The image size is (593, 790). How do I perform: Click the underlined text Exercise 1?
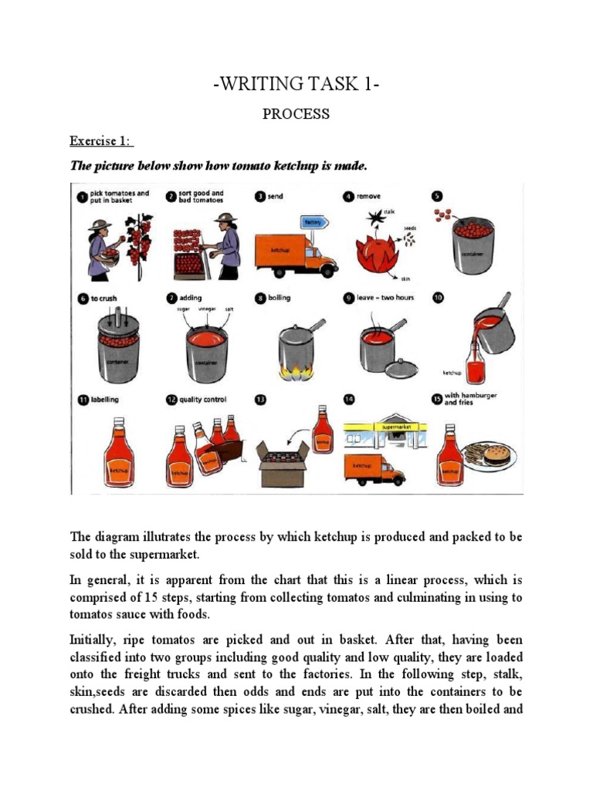[102, 140]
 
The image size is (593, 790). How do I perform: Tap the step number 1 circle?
[80, 196]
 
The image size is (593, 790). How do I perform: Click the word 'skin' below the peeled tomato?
[405, 280]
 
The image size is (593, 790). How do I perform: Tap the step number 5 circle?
[438, 196]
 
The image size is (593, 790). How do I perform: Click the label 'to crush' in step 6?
[103, 298]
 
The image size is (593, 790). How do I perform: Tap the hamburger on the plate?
[496, 454]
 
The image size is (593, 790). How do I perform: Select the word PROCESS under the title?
[296, 114]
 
